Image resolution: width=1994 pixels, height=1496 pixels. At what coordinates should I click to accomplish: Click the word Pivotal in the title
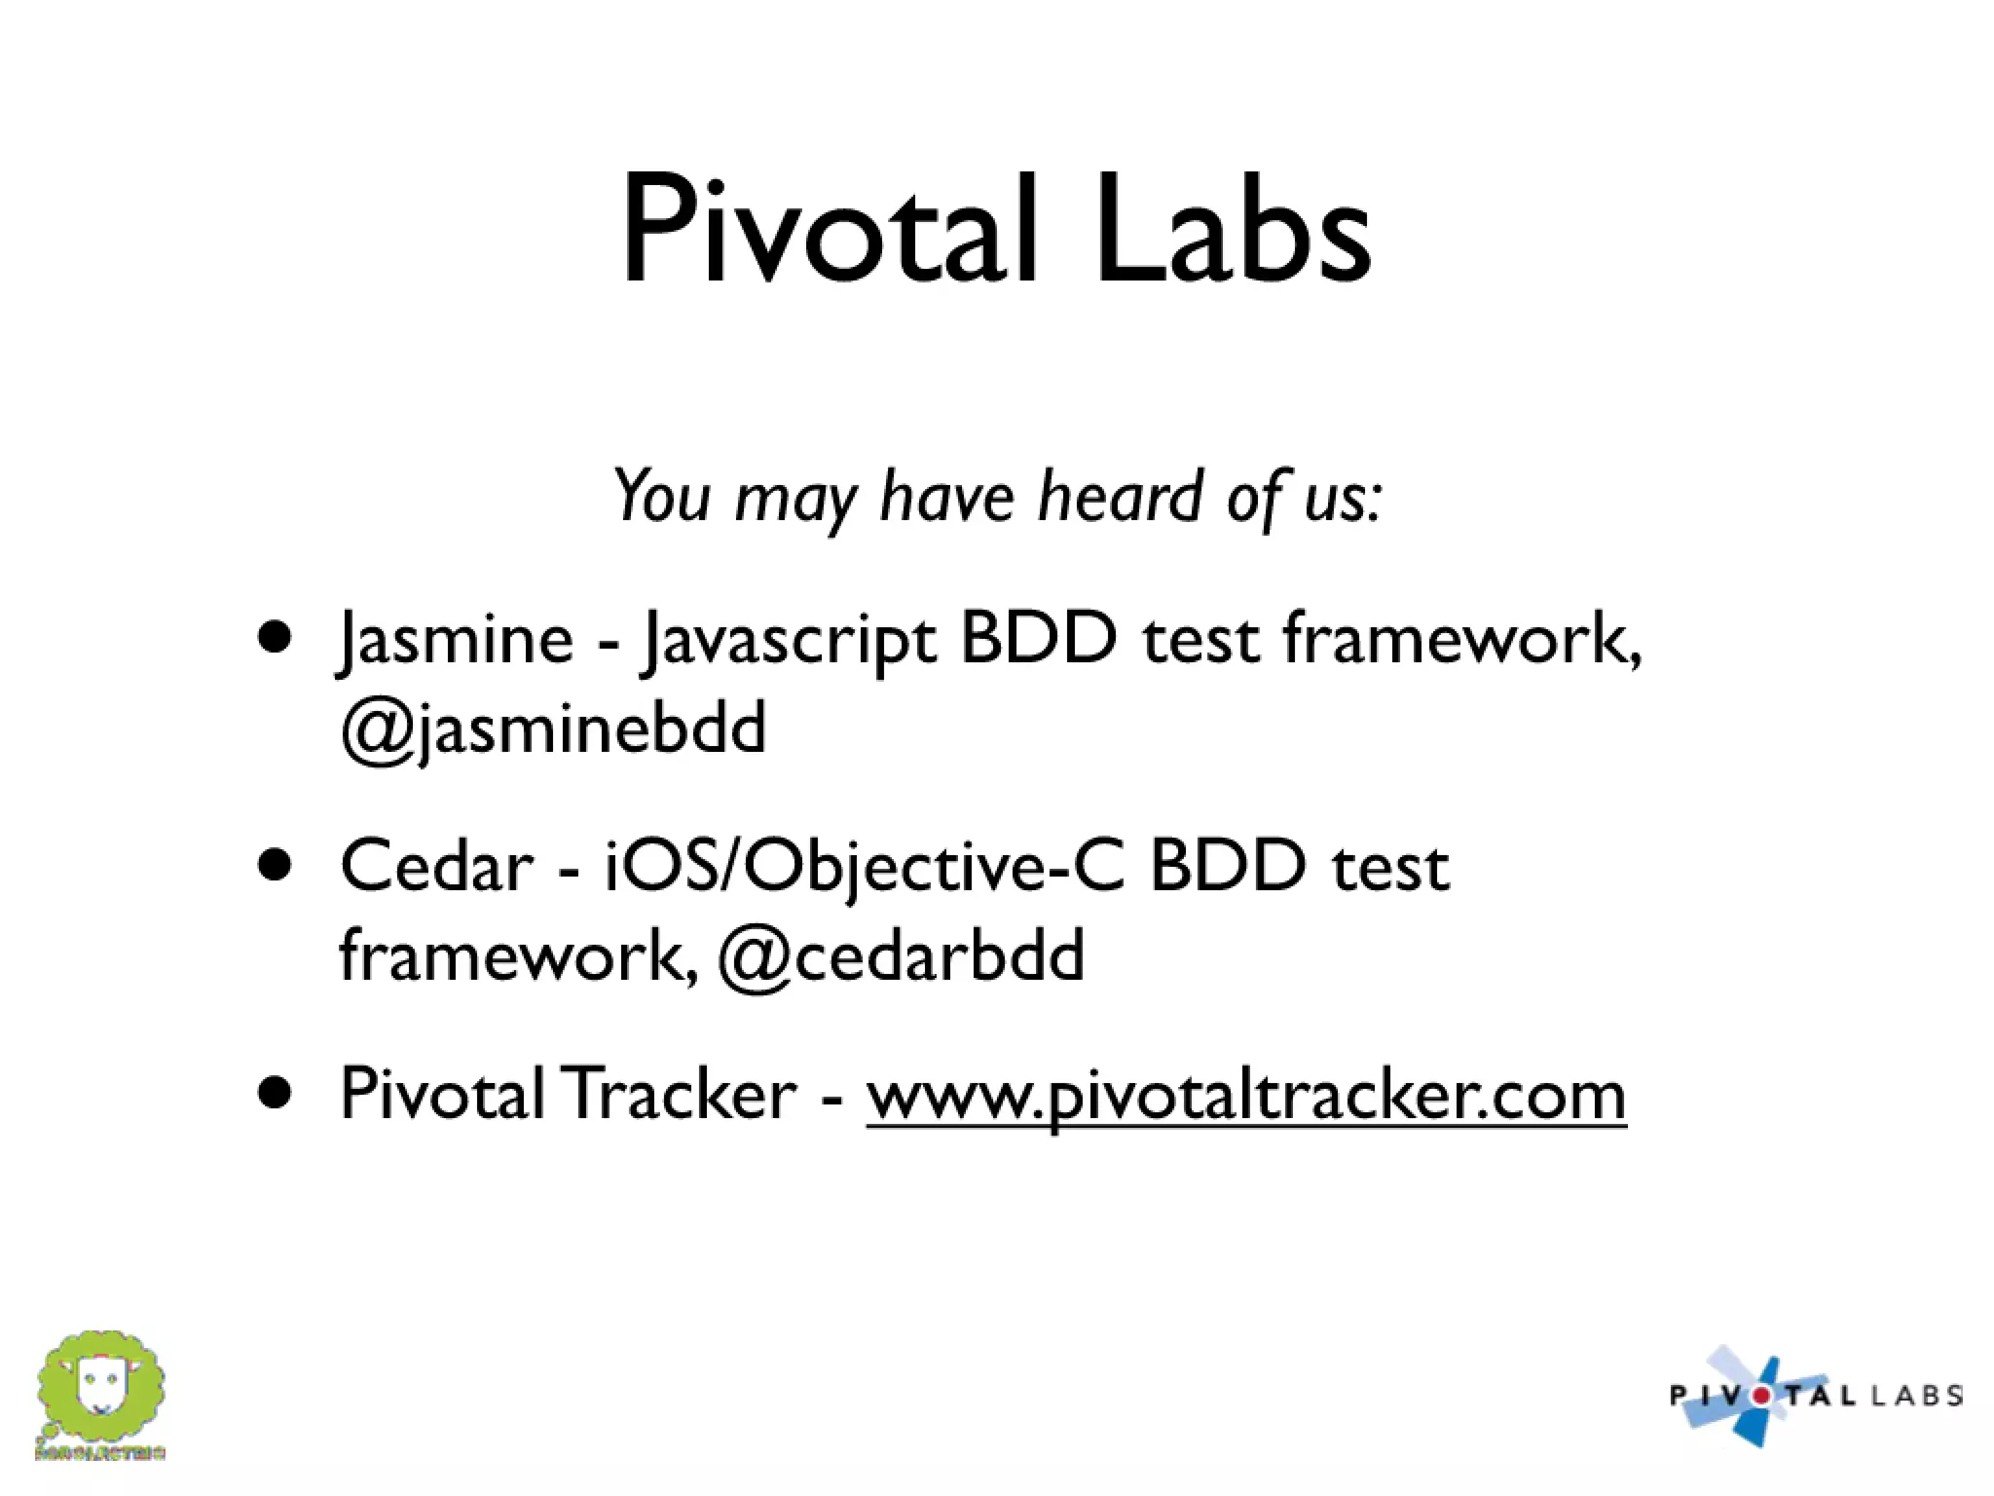pyautogui.click(x=828, y=231)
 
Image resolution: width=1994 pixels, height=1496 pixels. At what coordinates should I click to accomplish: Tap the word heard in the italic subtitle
pyautogui.click(x=1120, y=497)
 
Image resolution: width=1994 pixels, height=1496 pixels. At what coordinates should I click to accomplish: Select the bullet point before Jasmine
pyautogui.click(x=276, y=637)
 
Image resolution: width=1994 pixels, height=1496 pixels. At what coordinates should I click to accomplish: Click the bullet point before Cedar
pyautogui.click(x=276, y=864)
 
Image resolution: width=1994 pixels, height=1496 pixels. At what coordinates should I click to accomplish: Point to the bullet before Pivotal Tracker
pyautogui.click(x=276, y=1093)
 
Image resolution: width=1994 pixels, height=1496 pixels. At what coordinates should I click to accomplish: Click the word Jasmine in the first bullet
pyautogui.click(x=456, y=640)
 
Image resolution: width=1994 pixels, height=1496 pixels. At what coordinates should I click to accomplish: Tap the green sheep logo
pyautogui.click(x=101, y=1387)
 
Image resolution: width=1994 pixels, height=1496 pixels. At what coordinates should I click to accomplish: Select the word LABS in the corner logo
pyautogui.click(x=1916, y=1396)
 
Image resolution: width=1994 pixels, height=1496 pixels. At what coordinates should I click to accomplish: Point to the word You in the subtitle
pyautogui.click(x=662, y=497)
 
